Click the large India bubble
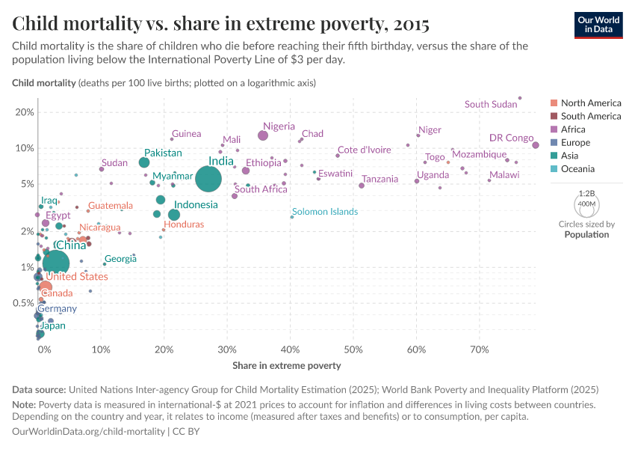208,179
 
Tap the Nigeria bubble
263,135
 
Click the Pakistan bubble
144,162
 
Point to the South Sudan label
491,104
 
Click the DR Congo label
511,138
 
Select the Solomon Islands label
325,212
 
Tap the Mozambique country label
480,154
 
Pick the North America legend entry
590,103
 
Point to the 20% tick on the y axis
25,112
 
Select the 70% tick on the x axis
480,349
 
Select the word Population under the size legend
586,234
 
